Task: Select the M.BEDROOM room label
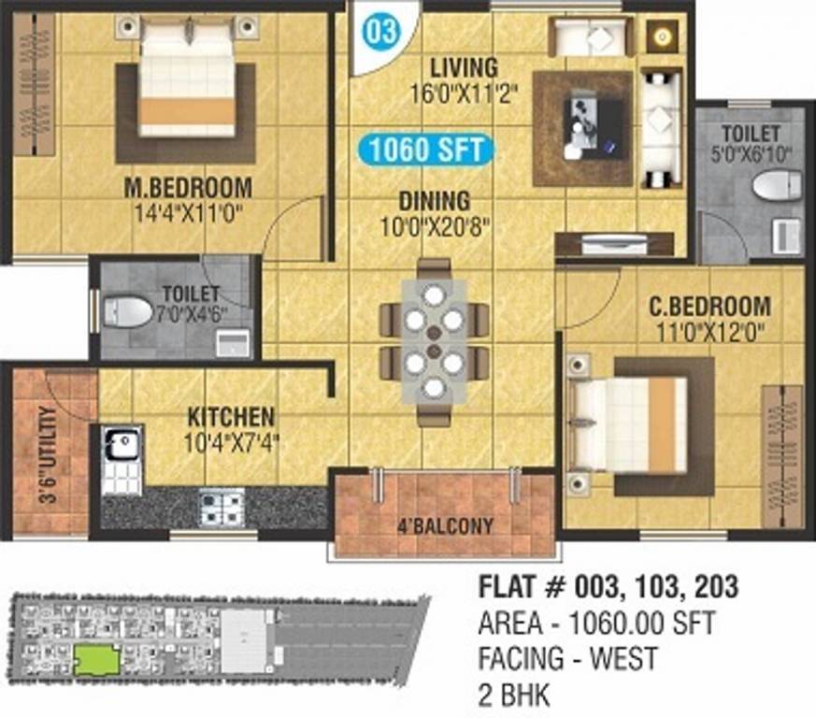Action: pyautogui.click(x=188, y=187)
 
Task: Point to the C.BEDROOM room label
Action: pyautogui.click(x=710, y=306)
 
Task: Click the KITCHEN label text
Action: pyautogui.click(x=231, y=416)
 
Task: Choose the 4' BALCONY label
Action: pyautogui.click(x=444, y=525)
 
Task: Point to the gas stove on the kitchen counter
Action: pyautogui.click(x=222, y=508)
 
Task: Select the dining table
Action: pyautogui.click(x=433, y=340)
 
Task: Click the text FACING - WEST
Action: pyautogui.click(x=567, y=658)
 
